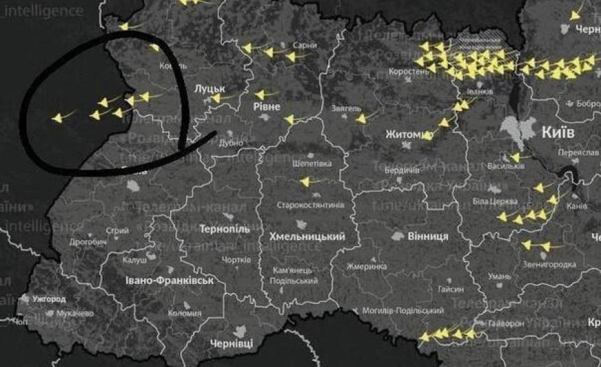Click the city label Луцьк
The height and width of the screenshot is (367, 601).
[210, 88]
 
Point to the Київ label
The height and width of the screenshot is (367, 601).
[558, 132]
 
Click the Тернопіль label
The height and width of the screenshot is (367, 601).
[225, 228]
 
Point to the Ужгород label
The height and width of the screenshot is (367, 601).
[48, 299]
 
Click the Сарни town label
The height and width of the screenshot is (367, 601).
[304, 45]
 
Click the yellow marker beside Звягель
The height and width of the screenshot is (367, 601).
[361, 119]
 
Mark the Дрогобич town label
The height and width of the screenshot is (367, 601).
[89, 242]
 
